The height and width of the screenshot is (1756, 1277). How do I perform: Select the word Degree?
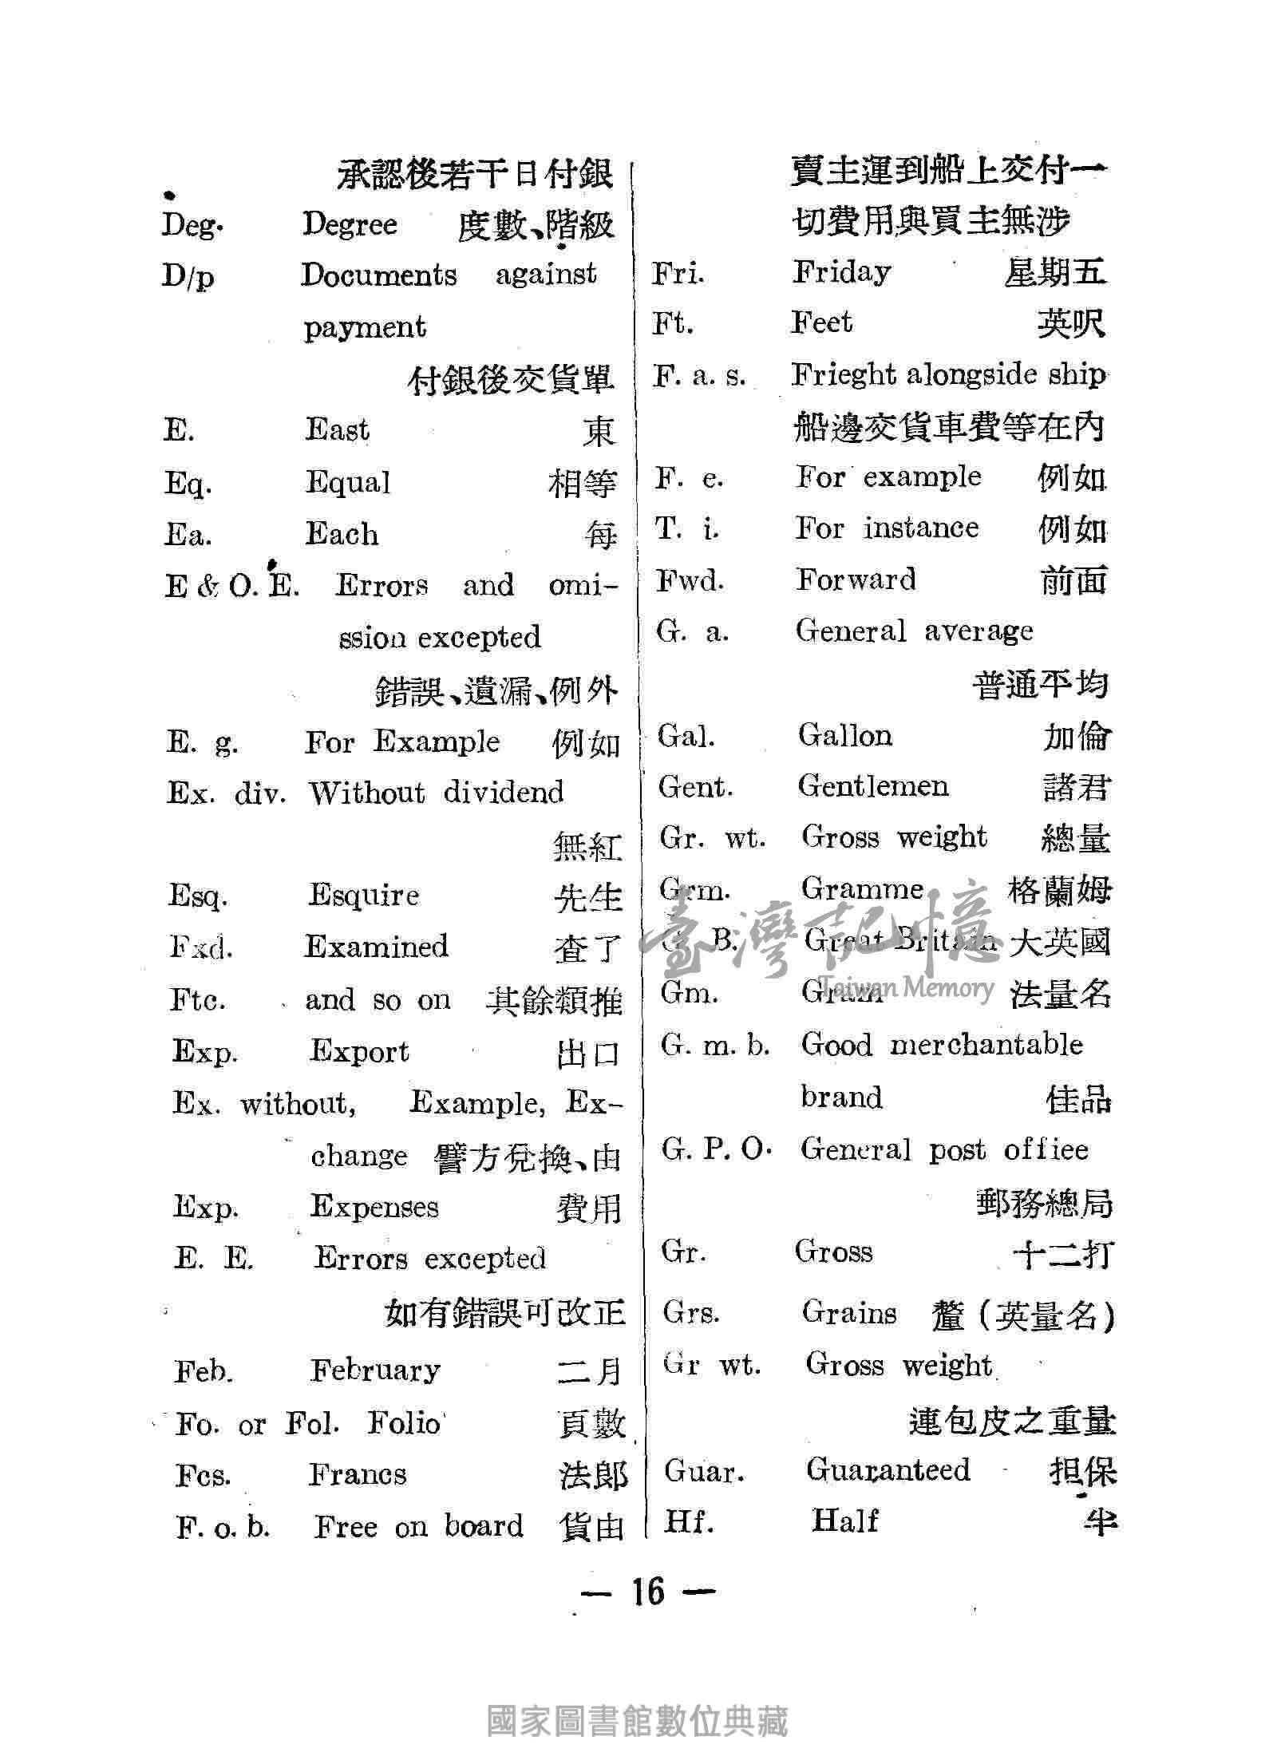(349, 224)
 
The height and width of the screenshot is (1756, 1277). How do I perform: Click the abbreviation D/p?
(188, 277)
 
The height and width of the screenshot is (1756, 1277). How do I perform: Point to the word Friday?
(841, 273)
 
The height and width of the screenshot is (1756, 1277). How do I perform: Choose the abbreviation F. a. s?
(699, 375)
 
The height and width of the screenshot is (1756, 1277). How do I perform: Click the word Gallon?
(845, 735)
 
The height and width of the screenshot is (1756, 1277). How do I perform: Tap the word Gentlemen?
(873, 787)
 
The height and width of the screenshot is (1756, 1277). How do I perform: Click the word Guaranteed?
(888, 1469)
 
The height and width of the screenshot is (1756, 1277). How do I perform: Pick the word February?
(375, 1370)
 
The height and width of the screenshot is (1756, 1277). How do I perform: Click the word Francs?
(358, 1474)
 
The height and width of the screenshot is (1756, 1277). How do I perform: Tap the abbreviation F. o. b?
(223, 1527)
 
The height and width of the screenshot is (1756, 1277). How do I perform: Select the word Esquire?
(363, 896)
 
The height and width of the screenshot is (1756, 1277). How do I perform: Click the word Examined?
(377, 947)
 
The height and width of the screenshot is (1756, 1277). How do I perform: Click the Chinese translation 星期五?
(1055, 274)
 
